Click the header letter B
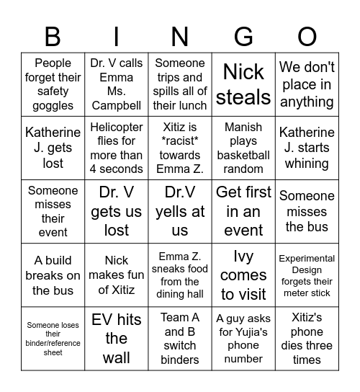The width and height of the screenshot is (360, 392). [53, 36]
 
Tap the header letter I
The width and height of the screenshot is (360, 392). [117, 36]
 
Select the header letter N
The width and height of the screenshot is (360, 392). [180, 36]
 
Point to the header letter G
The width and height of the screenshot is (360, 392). [243, 36]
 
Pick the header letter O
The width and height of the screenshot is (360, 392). [307, 36]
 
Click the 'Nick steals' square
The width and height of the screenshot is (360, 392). [243, 84]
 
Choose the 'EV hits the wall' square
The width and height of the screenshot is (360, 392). [117, 338]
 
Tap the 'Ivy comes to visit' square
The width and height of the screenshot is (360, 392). [243, 275]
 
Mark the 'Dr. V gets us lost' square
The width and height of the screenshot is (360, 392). [117, 211]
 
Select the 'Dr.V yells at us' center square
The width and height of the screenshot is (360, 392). [180, 211]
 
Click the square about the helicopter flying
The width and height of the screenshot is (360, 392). [117, 148]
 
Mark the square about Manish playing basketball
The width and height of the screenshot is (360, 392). [243, 148]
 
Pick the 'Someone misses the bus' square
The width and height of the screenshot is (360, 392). [307, 211]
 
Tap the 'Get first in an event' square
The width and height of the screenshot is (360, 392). [243, 211]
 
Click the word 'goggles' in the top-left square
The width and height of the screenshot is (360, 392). [53, 105]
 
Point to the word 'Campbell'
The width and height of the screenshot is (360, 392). [117, 105]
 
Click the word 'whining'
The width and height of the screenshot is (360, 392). [307, 164]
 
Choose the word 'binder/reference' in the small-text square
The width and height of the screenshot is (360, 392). [53, 342]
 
